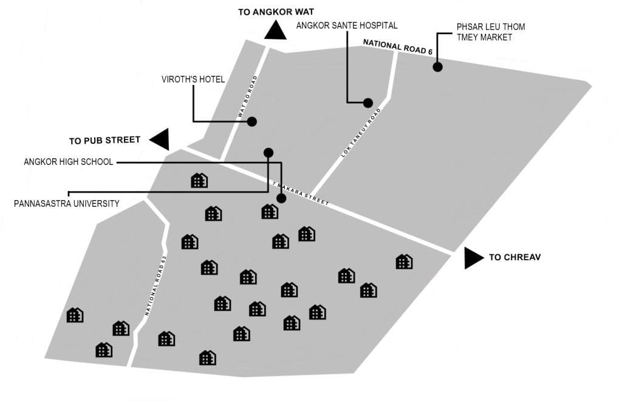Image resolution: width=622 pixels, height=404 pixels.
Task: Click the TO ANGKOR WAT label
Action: click(x=276, y=12)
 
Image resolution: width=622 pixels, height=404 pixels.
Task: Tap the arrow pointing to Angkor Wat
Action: click(x=276, y=31)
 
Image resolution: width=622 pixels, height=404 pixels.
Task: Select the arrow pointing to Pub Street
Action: click(x=160, y=140)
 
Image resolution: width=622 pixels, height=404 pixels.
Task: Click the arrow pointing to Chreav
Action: click(x=473, y=257)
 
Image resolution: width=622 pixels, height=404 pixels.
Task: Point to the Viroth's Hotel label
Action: click(x=193, y=79)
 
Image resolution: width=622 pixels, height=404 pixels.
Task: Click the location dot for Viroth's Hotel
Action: click(x=252, y=122)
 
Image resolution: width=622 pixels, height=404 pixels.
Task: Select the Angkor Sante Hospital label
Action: click(x=347, y=25)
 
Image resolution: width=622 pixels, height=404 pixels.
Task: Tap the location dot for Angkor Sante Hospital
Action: click(x=367, y=103)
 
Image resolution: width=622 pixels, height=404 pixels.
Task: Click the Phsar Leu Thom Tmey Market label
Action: click(x=491, y=32)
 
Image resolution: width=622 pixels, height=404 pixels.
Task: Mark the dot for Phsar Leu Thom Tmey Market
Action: click(x=437, y=67)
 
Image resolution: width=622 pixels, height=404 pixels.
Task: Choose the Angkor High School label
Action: click(x=68, y=162)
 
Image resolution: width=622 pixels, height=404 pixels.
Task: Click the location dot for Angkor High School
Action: click(x=281, y=198)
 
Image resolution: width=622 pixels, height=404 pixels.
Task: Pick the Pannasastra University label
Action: click(x=67, y=204)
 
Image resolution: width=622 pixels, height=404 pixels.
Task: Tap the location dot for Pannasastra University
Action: click(x=268, y=152)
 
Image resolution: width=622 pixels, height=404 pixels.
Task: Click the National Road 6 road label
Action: click(x=398, y=47)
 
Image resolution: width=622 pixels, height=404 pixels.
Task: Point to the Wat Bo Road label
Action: click(x=248, y=96)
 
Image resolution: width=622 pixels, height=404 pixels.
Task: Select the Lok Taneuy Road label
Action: click(x=361, y=133)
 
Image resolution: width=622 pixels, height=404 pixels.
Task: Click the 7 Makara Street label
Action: click(x=301, y=194)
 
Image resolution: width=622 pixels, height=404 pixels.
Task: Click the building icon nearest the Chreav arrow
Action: click(x=404, y=261)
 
